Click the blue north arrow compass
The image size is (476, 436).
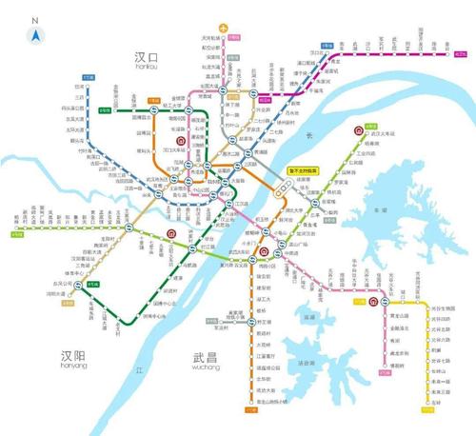[35, 35]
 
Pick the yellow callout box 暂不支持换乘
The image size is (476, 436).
[304, 170]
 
